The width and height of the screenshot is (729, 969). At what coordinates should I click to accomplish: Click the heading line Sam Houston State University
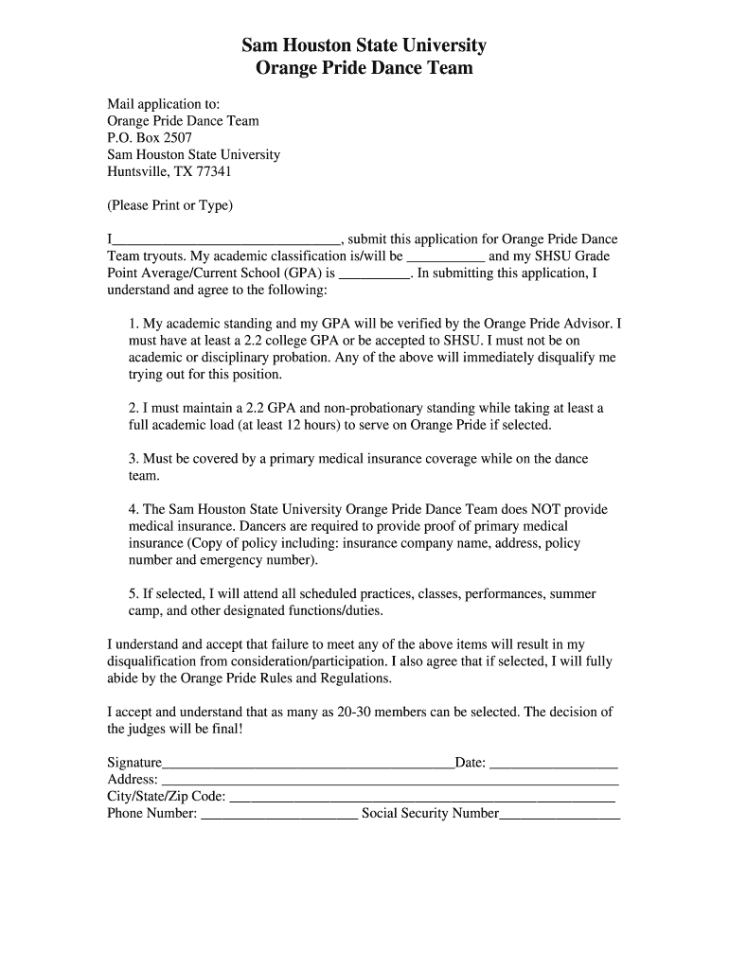(x=364, y=44)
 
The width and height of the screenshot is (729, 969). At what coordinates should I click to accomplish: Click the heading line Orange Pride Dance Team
(x=364, y=68)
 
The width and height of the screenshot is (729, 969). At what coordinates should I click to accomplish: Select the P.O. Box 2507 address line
(x=150, y=137)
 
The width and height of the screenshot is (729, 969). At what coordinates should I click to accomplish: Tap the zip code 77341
(x=213, y=171)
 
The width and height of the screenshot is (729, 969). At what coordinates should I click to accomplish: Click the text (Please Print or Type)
(x=169, y=205)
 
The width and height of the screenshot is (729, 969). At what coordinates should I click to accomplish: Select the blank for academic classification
(x=446, y=257)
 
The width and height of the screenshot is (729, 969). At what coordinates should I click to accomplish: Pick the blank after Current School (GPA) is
(x=375, y=274)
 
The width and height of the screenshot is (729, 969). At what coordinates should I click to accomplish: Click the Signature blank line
(x=309, y=764)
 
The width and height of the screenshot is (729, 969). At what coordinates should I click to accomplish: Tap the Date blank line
(x=554, y=764)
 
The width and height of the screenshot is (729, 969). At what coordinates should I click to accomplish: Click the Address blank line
(x=390, y=781)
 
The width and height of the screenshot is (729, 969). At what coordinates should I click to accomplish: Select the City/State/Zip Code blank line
(x=422, y=798)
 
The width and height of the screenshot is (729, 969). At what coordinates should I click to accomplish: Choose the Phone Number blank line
(x=279, y=815)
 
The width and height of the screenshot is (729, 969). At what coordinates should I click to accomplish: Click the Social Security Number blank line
(x=560, y=815)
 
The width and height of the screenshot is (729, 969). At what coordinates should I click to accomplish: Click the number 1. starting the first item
(x=133, y=324)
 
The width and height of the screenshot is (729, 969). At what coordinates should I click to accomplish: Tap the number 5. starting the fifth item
(x=133, y=594)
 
